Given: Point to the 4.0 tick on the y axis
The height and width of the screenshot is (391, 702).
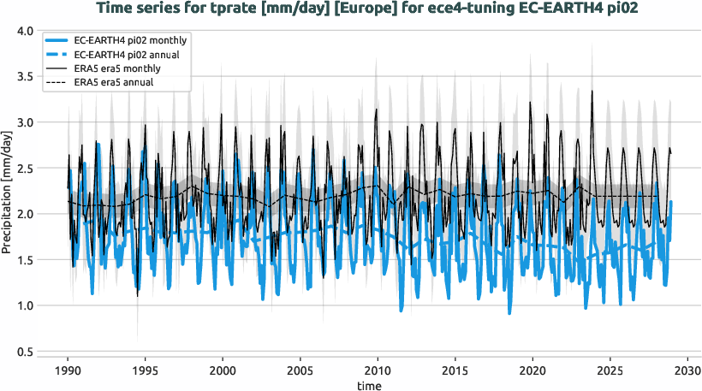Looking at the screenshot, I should (x=25, y=31).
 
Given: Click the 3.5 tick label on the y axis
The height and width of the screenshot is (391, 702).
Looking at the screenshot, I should (x=25, y=77).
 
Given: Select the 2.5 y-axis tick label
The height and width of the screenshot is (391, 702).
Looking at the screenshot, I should (x=25, y=169).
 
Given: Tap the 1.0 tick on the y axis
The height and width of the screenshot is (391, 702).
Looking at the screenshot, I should (x=25, y=306).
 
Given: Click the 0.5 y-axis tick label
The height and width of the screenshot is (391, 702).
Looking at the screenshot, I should (x=25, y=352).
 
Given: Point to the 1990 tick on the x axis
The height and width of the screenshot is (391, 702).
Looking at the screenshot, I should (x=68, y=371).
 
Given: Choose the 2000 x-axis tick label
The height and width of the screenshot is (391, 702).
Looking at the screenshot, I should (x=223, y=371).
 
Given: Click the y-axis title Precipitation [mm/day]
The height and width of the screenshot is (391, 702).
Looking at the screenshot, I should (x=8, y=192).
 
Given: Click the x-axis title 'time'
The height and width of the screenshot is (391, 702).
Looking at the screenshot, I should (x=371, y=385).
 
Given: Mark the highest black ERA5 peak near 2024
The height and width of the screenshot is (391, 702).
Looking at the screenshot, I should (x=592, y=92).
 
